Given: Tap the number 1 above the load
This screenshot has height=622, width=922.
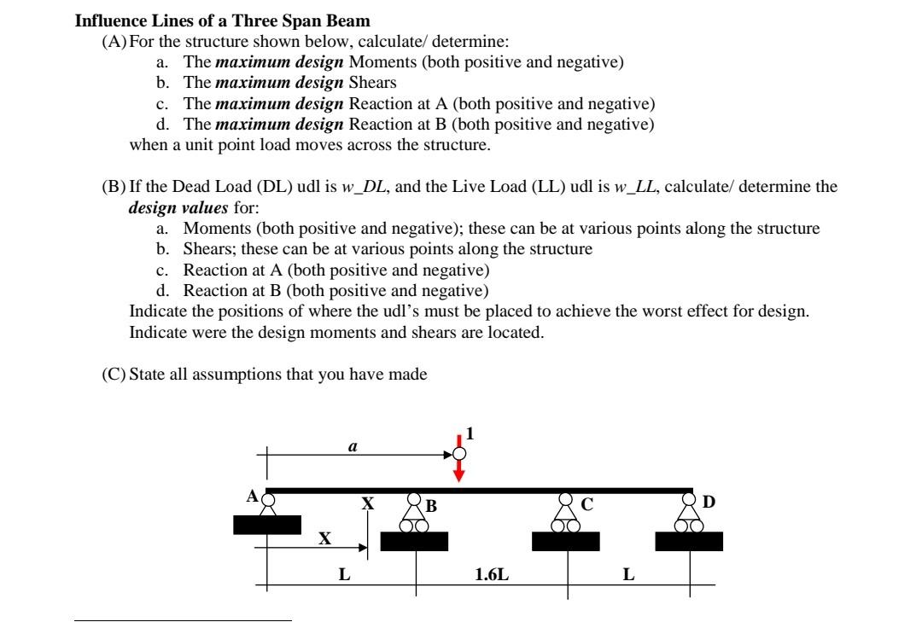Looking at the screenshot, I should (469, 433).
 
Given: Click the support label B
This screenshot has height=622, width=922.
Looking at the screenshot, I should (431, 506).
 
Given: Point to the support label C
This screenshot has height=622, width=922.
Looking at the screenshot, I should (586, 504).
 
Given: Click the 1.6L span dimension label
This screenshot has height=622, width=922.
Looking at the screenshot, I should (492, 575).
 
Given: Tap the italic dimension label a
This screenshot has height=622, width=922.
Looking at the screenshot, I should (353, 445).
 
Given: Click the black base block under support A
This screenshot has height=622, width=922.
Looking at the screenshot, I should (267, 524).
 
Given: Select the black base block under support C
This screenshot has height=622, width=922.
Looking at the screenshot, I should (566, 541).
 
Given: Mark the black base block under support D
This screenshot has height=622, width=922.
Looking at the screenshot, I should (689, 541).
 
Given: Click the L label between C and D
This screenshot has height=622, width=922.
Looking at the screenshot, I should (628, 575).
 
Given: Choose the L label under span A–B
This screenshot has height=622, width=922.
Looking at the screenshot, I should (344, 575).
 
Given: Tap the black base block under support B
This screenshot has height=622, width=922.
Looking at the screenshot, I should (414, 541).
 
